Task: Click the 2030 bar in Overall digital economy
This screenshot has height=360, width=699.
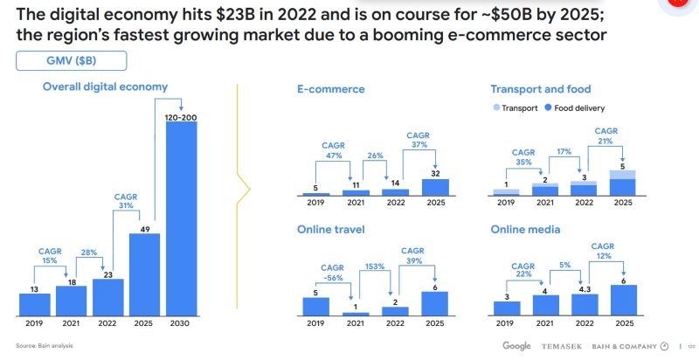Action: (x=181, y=218)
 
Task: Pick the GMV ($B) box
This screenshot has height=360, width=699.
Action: (x=72, y=60)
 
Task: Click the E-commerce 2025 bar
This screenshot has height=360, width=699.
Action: (x=440, y=187)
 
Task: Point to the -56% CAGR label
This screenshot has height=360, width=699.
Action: (x=333, y=273)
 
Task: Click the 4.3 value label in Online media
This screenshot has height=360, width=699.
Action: (x=585, y=289)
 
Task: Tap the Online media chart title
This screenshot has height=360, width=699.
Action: (x=525, y=230)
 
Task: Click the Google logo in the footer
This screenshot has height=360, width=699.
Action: (x=516, y=346)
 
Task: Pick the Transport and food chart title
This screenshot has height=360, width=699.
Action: (x=541, y=89)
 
